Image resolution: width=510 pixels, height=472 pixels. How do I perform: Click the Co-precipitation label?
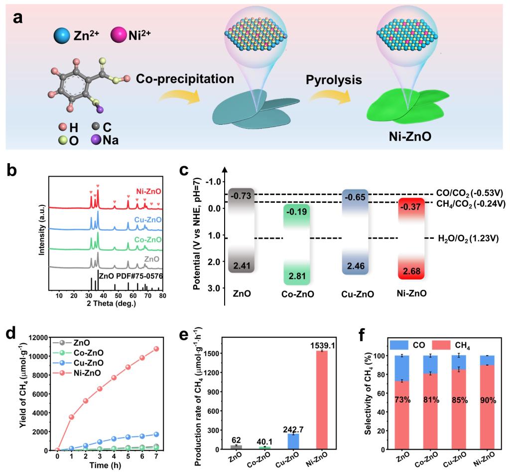tap(185, 79)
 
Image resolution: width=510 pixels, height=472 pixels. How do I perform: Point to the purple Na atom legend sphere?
tap(96, 140)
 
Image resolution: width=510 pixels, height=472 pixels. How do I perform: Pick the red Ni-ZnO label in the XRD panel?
tap(149, 190)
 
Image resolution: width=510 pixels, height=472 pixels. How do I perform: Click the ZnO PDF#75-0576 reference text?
tap(130, 275)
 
